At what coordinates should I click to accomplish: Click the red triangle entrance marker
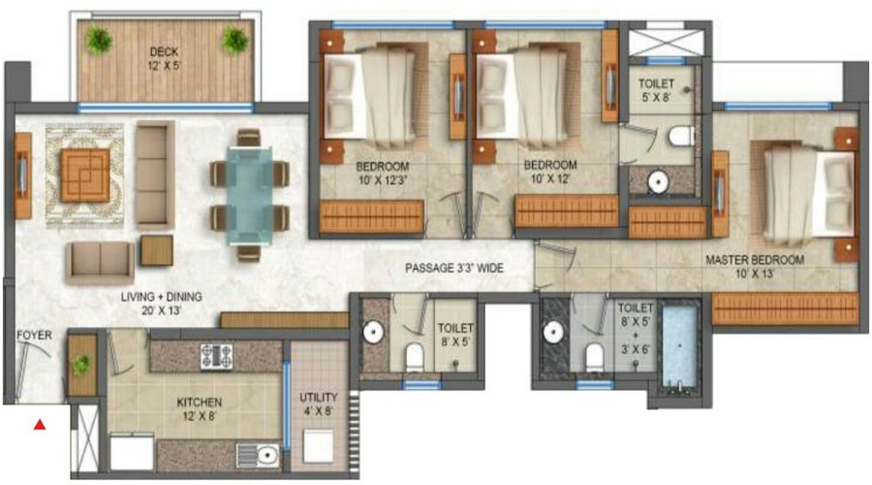(x=40, y=424)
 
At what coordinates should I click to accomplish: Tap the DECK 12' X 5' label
(x=167, y=59)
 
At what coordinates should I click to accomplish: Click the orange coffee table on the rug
(x=85, y=175)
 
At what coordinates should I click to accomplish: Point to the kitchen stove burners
(x=214, y=356)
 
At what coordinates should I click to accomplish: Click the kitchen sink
(x=262, y=454)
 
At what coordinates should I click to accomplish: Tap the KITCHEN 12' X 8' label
(x=200, y=408)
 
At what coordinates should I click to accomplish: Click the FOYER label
(x=33, y=336)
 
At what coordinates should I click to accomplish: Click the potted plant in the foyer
(x=82, y=365)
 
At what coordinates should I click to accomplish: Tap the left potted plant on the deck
(x=98, y=40)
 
